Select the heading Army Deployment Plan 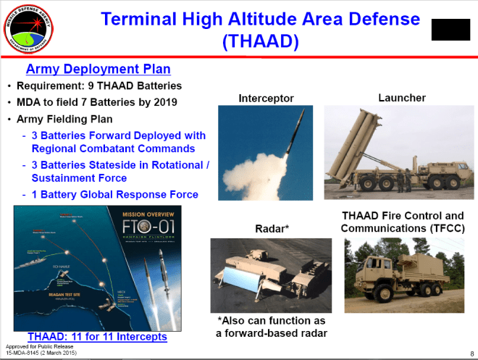click(98, 70)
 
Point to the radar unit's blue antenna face click(248, 283)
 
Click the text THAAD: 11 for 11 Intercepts click(97, 337)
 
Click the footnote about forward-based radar click(272, 326)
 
